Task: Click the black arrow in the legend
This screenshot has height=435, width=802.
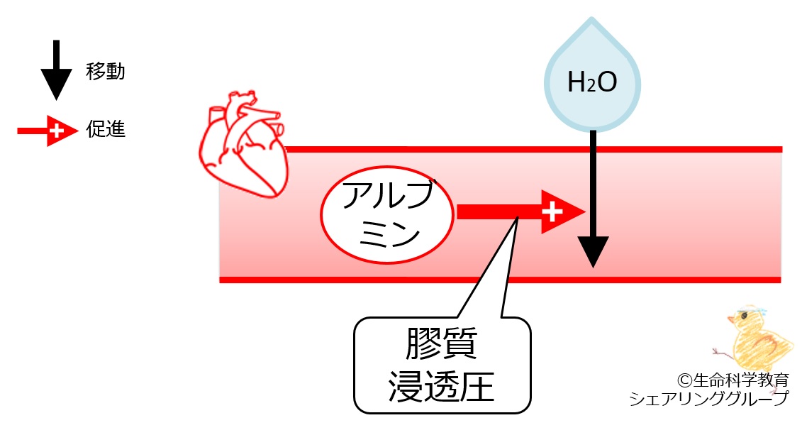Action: (56, 71)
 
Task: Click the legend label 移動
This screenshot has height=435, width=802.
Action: (106, 72)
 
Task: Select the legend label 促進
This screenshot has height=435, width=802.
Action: (106, 131)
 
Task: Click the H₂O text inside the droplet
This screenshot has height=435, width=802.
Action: (592, 84)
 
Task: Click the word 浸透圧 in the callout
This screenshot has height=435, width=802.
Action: (442, 387)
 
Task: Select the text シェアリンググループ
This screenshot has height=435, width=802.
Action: (708, 400)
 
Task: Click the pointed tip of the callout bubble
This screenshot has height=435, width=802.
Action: (518, 218)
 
